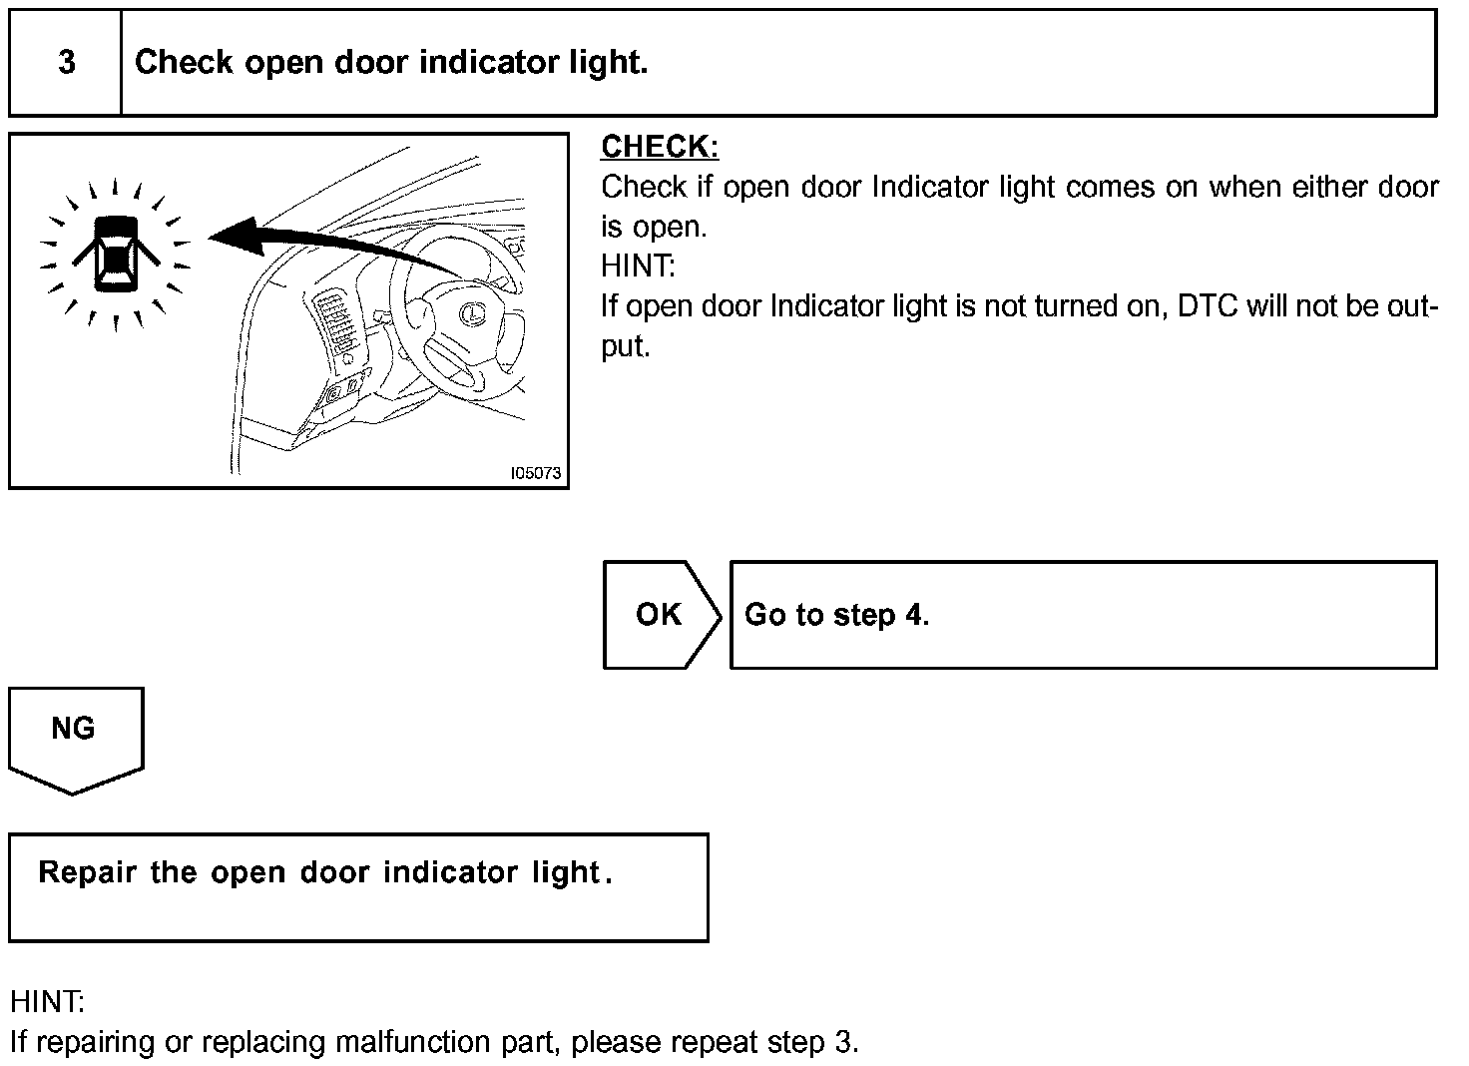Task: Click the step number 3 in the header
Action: (66, 63)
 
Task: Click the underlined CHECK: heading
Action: (660, 147)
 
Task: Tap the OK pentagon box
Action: (660, 615)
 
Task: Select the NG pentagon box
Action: (74, 734)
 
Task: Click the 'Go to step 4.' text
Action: (836, 615)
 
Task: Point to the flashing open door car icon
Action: (116, 254)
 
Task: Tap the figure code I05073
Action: (536, 473)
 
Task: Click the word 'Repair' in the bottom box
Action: (87, 872)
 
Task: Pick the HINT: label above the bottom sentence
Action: (47, 1001)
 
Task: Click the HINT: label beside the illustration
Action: (638, 266)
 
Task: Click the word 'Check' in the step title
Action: (184, 63)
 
